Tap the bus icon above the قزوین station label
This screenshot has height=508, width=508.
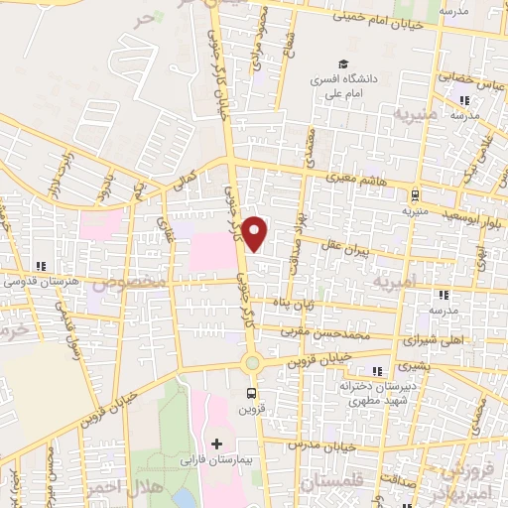(251, 391)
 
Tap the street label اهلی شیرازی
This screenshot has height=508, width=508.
(435, 341)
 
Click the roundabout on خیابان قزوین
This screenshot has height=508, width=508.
(252, 363)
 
